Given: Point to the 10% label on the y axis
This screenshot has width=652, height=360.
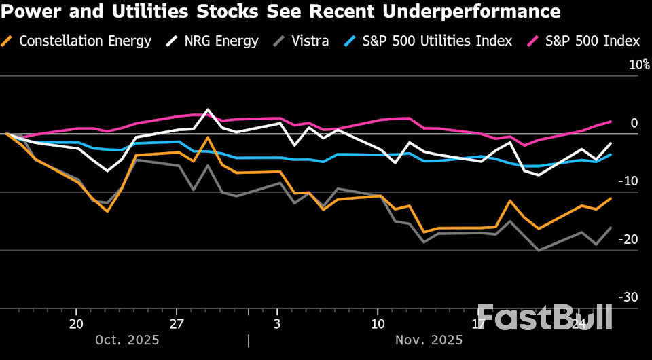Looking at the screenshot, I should tap(639, 65).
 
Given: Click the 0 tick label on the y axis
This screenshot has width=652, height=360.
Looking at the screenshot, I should tap(634, 124).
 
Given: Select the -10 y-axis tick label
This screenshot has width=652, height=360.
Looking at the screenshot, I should tap(630, 181).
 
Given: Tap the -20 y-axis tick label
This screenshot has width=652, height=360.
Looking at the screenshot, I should tap(630, 239).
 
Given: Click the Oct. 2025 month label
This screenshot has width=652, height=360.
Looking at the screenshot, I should tap(127, 340).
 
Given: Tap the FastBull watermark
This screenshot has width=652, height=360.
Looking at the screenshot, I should tap(544, 317).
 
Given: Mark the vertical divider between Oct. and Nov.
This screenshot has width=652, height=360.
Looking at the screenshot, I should tap(249, 340).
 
